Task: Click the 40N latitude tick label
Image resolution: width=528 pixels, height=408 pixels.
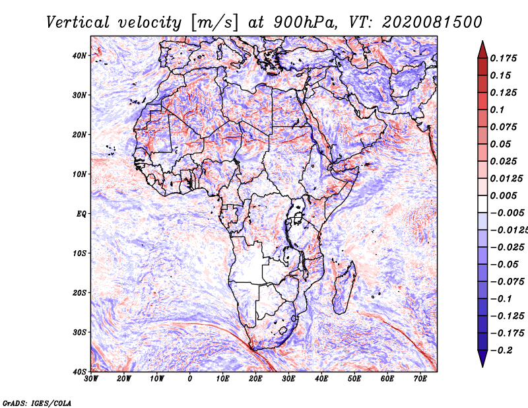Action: click(x=79, y=55)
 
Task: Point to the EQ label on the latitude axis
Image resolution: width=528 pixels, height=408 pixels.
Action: click(x=81, y=214)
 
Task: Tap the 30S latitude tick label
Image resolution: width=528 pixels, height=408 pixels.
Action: click(x=79, y=333)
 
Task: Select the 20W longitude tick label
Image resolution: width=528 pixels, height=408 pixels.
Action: click(x=123, y=379)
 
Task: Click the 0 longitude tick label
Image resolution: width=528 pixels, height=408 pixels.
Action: click(x=190, y=379)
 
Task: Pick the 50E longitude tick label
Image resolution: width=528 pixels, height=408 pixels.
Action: click(x=354, y=379)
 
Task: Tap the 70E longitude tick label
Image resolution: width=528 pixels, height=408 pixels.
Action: click(x=420, y=379)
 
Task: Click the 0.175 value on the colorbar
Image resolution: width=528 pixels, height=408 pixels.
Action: click(x=504, y=58)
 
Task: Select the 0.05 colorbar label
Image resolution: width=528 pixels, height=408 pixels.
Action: click(x=501, y=144)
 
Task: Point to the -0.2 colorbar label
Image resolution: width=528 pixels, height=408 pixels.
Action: click(x=501, y=351)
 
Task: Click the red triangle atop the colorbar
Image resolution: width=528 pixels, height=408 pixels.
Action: click(x=482, y=50)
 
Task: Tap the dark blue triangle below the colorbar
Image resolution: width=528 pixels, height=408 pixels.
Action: click(x=482, y=358)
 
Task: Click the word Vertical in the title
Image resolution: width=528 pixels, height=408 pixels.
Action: click(x=78, y=22)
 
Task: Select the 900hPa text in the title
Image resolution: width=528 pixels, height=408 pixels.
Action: click(x=305, y=22)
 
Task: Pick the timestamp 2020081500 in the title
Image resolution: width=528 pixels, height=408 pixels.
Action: click(x=432, y=22)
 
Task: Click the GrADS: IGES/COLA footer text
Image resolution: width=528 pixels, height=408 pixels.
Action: click(x=37, y=403)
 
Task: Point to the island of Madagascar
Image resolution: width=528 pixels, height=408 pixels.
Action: click(x=344, y=288)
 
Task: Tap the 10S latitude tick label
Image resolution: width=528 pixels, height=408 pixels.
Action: click(x=79, y=254)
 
